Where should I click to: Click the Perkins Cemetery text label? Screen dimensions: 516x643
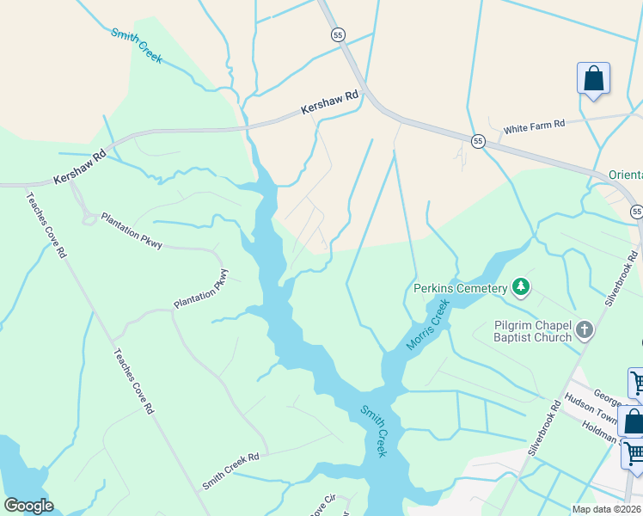point(460,288)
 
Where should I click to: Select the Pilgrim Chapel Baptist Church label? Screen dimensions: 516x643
point(533,331)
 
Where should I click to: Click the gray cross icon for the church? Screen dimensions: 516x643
point(585,329)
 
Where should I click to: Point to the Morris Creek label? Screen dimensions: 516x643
point(428,324)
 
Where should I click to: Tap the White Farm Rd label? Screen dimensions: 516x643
point(534,125)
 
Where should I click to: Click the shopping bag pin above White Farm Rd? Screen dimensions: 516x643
point(593,79)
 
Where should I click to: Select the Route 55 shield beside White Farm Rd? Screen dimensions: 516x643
point(478,140)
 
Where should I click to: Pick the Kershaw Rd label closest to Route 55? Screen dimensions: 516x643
point(329,103)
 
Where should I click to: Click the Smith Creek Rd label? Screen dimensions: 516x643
point(230,471)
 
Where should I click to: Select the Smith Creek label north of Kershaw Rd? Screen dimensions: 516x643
point(137,46)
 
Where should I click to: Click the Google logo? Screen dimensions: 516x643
point(28,506)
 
